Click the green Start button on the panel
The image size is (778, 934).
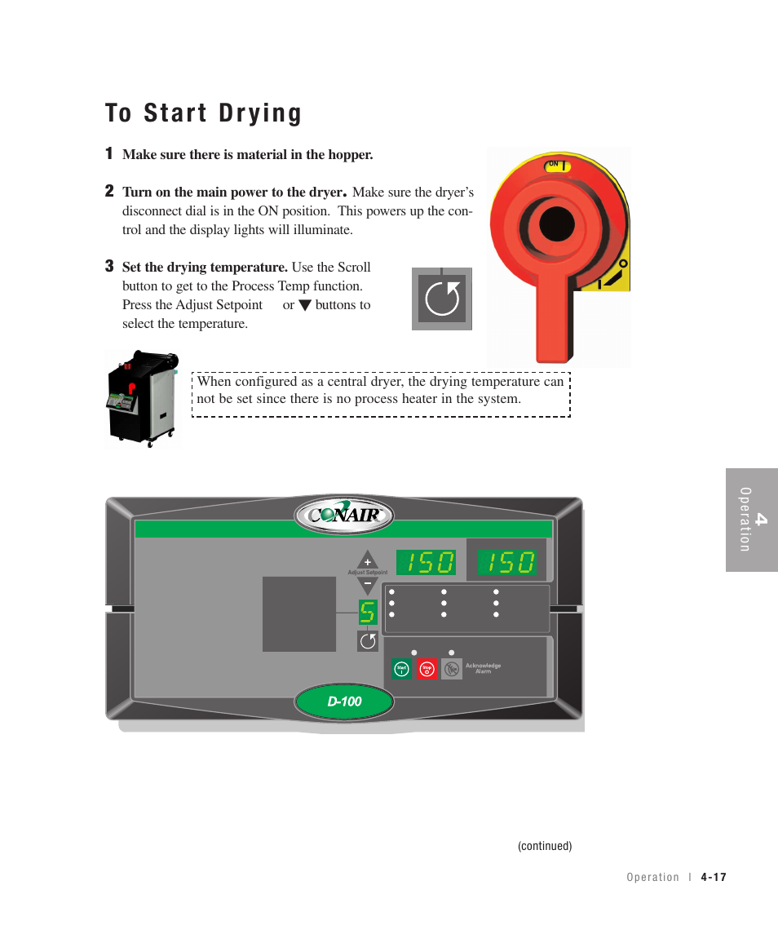coord(401,670)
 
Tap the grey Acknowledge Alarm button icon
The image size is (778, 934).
coord(451,670)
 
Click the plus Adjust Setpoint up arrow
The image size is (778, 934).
coord(367,561)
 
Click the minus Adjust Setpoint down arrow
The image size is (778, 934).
coord(367,585)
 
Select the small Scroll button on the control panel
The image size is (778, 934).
coord(368,641)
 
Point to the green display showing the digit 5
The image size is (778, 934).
coord(368,612)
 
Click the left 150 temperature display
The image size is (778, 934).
coord(427,563)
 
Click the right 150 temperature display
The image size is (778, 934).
coord(506,563)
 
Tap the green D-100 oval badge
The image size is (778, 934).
coord(344,702)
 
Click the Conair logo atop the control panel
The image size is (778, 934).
coord(344,515)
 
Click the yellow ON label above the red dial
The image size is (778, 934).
coord(556,166)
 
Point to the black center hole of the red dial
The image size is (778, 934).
coord(558,224)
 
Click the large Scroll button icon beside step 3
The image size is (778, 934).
coord(442,299)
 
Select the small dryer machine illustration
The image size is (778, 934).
coord(143,400)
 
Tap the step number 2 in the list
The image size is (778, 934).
coord(109,192)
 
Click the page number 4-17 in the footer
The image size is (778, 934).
coord(713,878)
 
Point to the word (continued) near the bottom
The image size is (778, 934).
coord(545,847)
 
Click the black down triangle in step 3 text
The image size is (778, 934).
coord(304,306)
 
